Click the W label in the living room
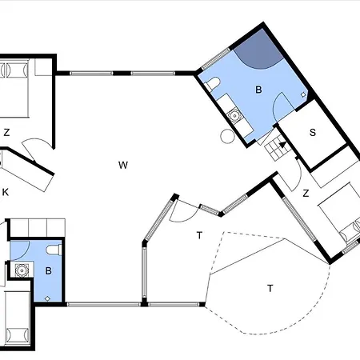[123, 165]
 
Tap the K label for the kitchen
[6, 192]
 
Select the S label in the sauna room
[313, 133]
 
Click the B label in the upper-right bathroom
[258, 90]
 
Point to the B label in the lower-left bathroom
[48, 271]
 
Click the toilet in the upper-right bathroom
[212, 83]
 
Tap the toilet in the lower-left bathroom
[54, 250]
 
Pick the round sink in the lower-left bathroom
[22, 270]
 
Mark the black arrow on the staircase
[282, 145]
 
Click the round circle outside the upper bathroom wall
[227, 136]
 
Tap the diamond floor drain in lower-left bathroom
[47, 298]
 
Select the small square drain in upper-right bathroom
[303, 94]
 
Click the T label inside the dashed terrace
[270, 288]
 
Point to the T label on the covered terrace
[199, 235]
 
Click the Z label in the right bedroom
[306, 193]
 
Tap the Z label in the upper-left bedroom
[6, 132]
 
